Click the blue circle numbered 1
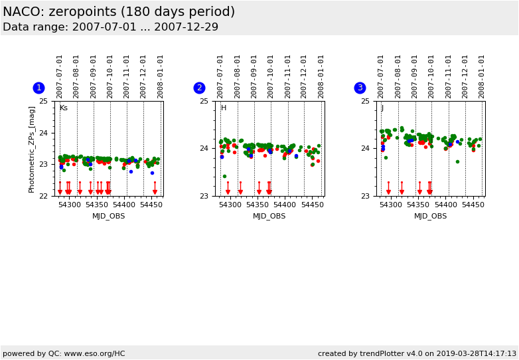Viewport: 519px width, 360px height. pos(38,88)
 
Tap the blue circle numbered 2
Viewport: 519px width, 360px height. pos(199,88)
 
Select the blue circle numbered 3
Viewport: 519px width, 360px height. pos(360,88)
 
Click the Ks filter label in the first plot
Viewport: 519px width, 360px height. pos(63,108)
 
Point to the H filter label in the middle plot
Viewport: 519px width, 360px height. pos(223,108)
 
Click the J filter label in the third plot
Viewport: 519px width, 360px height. pos(382,108)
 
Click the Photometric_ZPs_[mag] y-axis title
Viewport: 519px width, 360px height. pos(32,149)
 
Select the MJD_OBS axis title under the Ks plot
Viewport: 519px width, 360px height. pos(108,217)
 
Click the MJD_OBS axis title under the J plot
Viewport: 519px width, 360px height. pos(430,217)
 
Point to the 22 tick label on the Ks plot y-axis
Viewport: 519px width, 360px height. pos(42,196)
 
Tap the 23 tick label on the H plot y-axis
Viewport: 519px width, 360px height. pos(204,196)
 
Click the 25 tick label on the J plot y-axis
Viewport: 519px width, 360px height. pos(364,101)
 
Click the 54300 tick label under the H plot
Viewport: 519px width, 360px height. pos(230,205)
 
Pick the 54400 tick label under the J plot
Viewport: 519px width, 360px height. pos(445,205)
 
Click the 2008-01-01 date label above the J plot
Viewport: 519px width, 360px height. pos(482,76)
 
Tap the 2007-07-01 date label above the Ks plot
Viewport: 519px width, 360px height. pos(60,76)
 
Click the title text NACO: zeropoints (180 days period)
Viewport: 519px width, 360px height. pos(119,13)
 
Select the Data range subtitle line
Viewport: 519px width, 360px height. pos(110,27)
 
